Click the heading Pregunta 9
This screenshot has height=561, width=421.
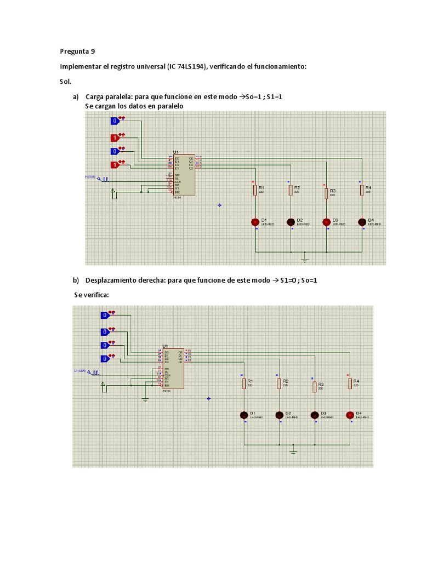coord(77,51)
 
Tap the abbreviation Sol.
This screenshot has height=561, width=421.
coord(66,82)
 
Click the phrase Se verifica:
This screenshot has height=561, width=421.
coord(92,295)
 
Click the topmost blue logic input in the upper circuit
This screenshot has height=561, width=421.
coord(115,121)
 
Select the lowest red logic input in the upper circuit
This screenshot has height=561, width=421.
coord(115,164)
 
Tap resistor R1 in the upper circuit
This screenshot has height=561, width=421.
coord(255,190)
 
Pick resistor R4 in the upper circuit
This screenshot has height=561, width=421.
coord(362,190)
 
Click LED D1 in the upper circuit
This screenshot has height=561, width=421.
coord(255,222)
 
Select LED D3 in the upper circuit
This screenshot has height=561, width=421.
coord(326,222)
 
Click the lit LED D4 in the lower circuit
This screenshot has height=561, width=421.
coord(350,415)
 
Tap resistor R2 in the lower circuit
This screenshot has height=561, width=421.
coord(279,383)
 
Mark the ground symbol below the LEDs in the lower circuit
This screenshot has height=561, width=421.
coord(294,452)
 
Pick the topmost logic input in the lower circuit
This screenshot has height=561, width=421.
coord(105,315)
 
